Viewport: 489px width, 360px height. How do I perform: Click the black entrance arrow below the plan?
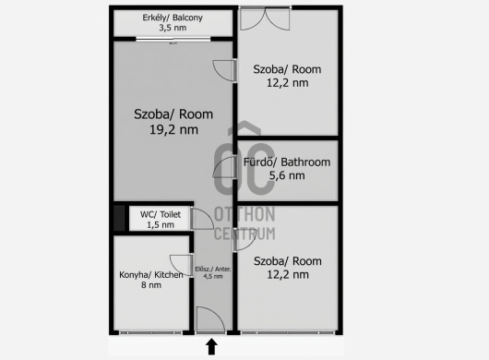click(212, 346)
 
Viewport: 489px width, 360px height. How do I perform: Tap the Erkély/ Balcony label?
click(173, 18)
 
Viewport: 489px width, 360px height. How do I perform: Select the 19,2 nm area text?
click(173, 129)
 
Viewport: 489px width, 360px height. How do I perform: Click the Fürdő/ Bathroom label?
click(287, 162)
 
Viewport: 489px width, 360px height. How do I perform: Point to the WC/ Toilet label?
click(161, 214)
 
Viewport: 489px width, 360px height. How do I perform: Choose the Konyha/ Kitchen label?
click(151, 275)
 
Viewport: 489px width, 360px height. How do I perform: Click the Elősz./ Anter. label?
click(213, 270)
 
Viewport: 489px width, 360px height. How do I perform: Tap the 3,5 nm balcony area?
click(173, 28)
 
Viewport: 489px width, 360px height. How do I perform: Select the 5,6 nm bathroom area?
click(287, 175)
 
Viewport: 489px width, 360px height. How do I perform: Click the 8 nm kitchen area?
click(151, 285)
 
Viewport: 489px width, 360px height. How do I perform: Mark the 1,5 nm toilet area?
click(161, 224)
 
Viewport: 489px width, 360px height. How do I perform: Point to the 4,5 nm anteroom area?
click(213, 276)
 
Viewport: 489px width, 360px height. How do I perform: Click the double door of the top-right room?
click(265, 18)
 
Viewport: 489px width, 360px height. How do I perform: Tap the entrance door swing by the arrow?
click(210, 319)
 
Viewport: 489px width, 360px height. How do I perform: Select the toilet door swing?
click(202, 219)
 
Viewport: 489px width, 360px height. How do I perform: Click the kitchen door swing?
click(181, 265)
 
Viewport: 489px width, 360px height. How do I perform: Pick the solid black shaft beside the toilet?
click(119, 219)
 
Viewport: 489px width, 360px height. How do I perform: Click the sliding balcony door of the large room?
click(173, 40)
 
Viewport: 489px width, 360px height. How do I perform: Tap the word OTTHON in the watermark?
click(244, 214)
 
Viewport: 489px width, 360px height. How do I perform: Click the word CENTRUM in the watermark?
click(244, 234)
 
